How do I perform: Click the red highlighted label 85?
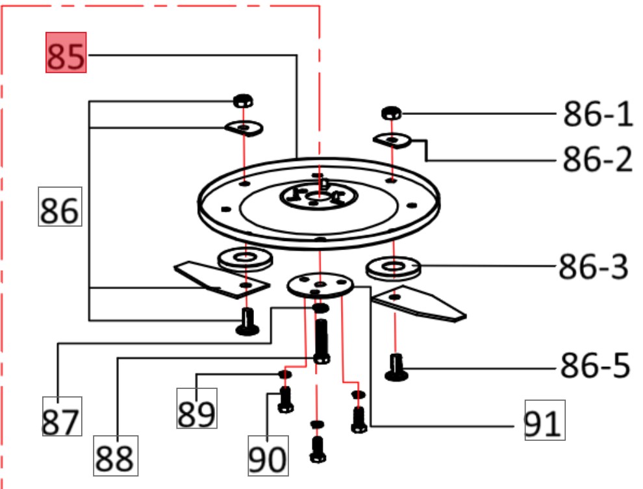(x=66, y=53)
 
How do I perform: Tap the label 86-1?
(x=597, y=116)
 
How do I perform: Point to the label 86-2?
(x=597, y=158)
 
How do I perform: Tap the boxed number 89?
(x=197, y=408)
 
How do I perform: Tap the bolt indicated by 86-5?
(x=396, y=368)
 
